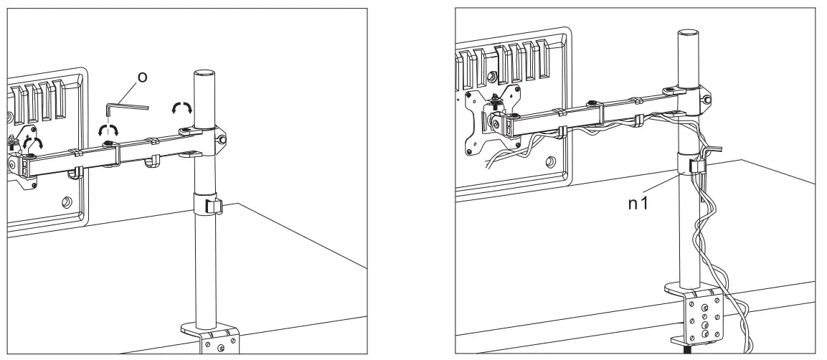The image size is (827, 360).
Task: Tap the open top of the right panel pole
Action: pos(689,33)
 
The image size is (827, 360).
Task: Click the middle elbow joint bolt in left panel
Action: pos(108,145)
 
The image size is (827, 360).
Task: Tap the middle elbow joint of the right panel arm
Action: pos(595,105)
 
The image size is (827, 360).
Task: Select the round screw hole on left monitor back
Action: pos(66,203)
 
